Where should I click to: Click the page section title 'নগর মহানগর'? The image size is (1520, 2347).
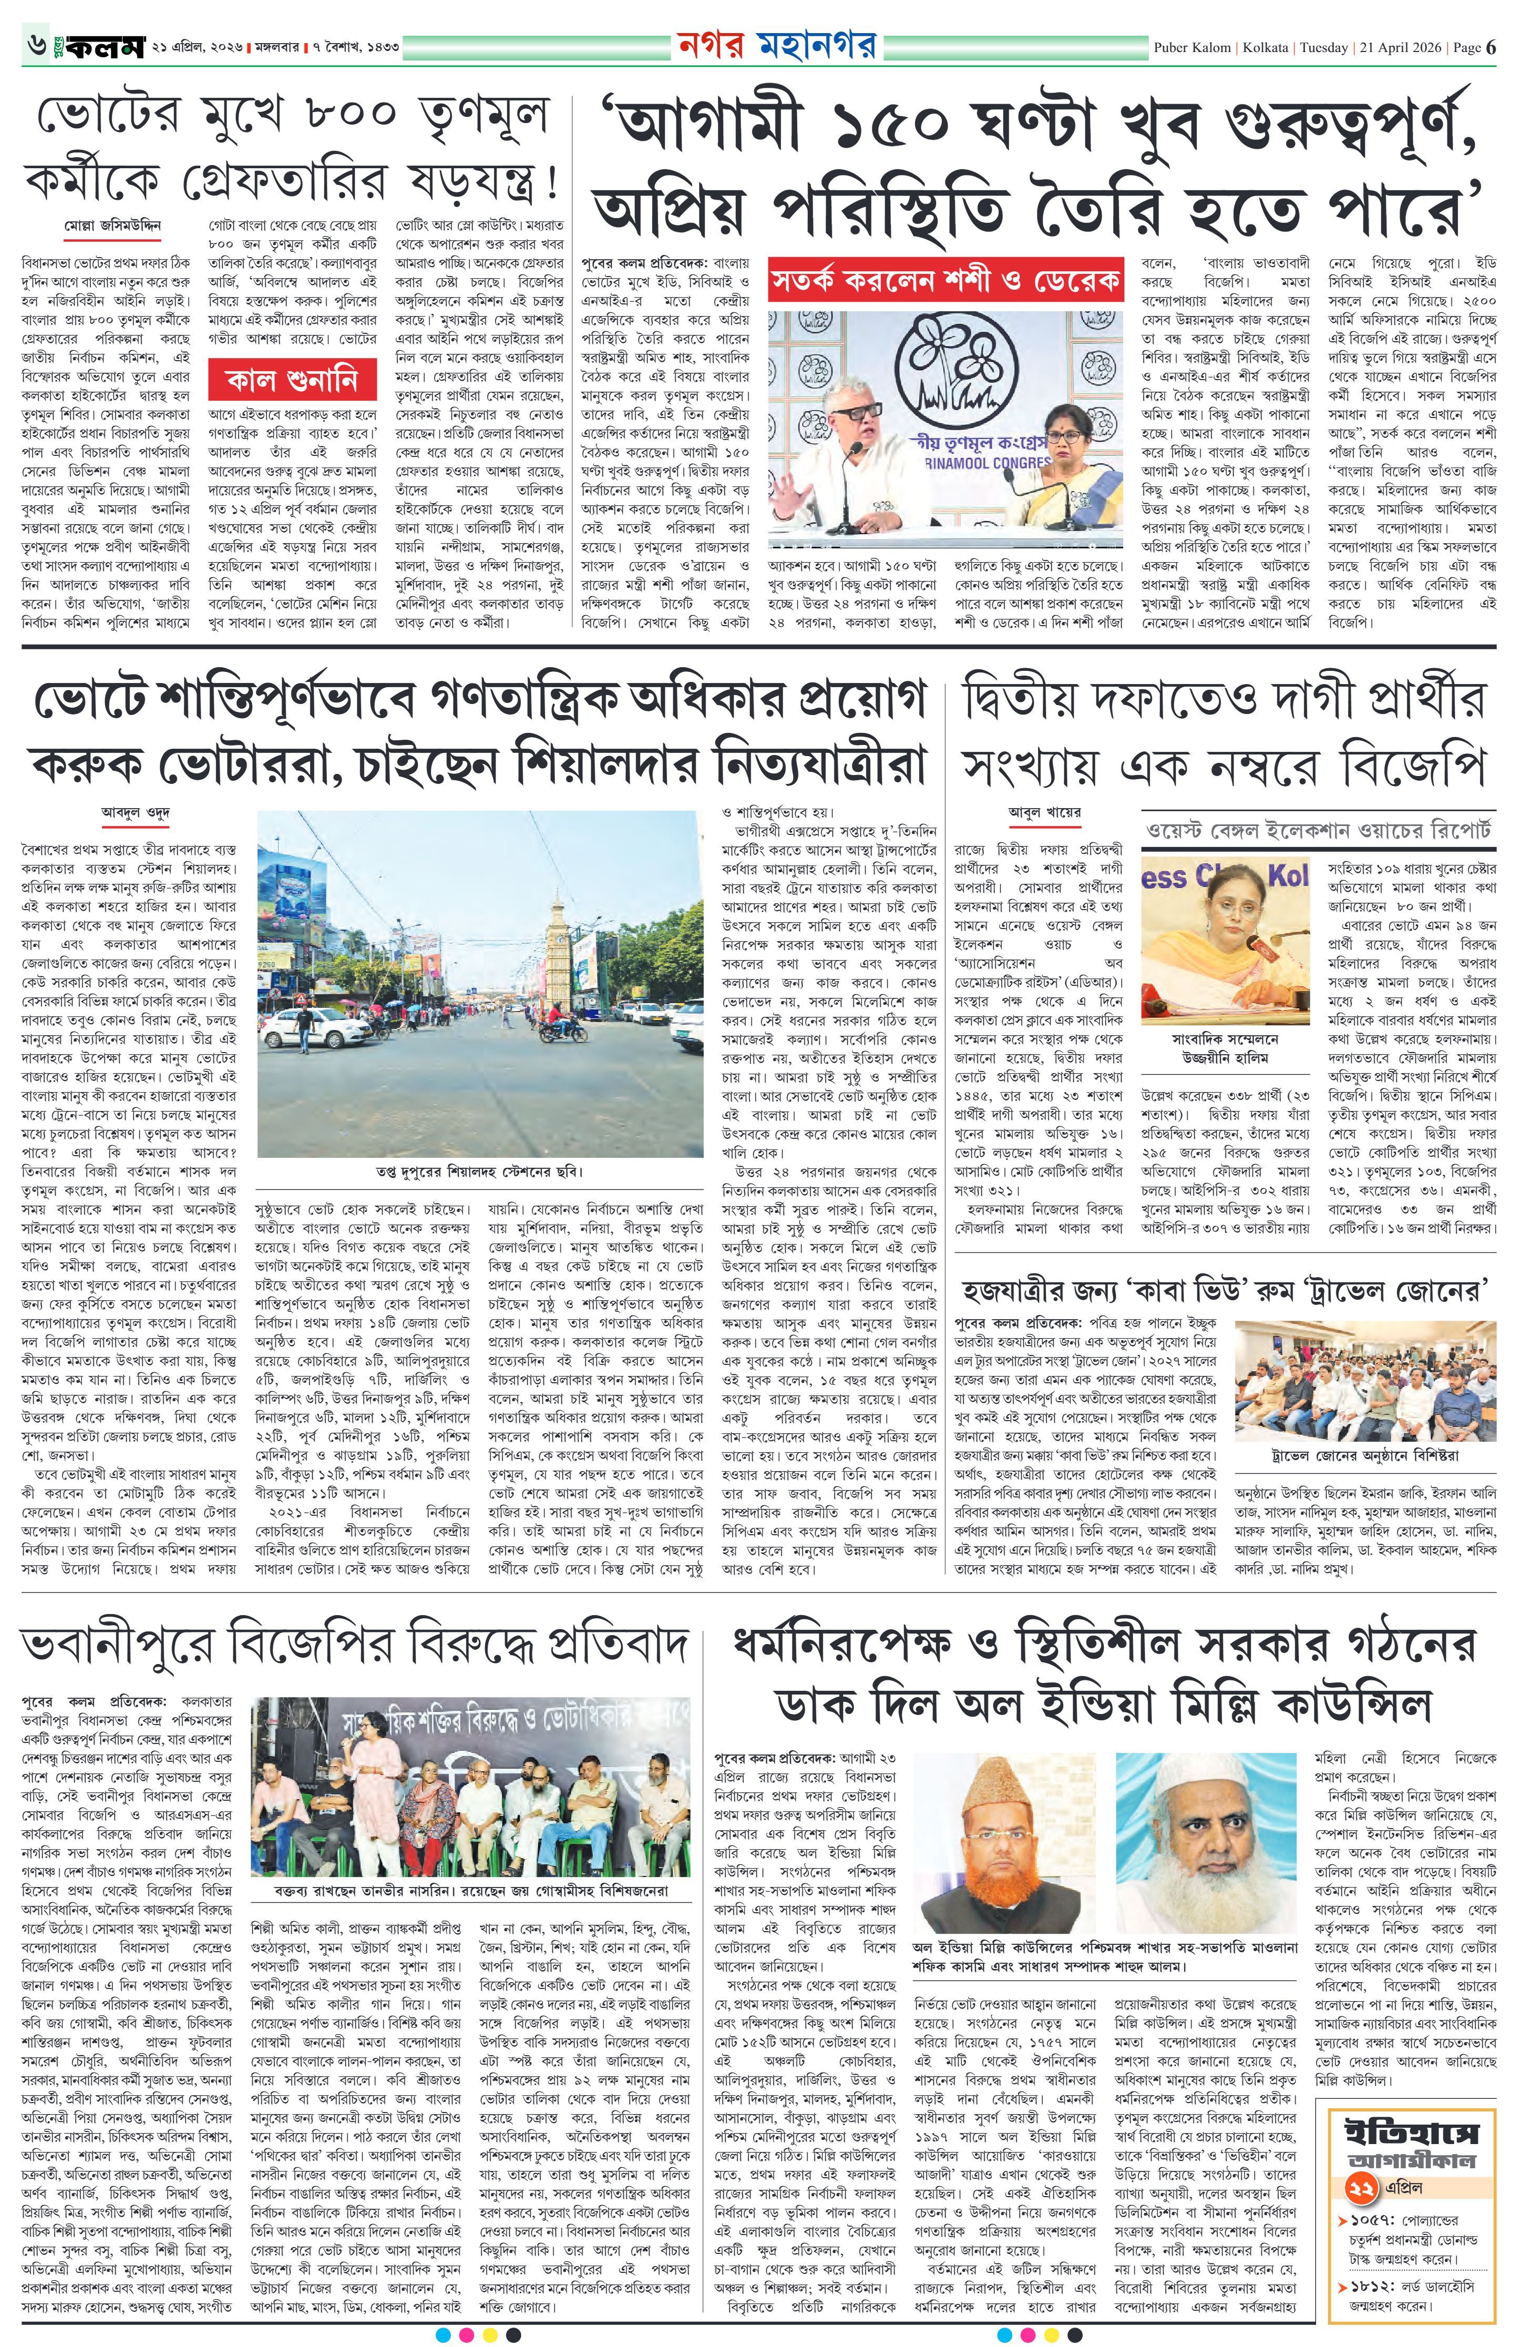click(777, 46)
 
